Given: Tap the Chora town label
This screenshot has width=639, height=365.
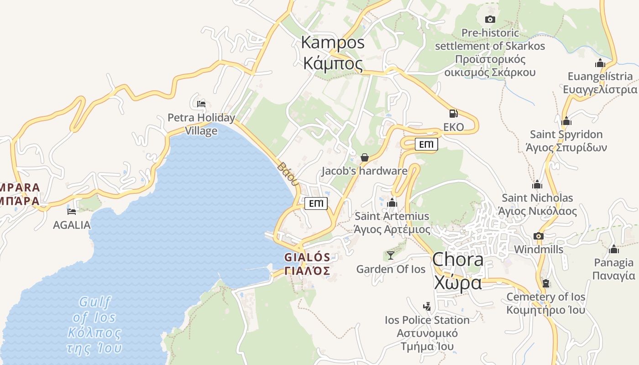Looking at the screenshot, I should pos(457,271).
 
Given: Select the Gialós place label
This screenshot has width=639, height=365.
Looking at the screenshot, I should pos(307,264).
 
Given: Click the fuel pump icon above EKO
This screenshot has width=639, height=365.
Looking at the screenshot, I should pos(453,114).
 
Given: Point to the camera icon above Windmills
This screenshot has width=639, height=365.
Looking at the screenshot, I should pos(539,236).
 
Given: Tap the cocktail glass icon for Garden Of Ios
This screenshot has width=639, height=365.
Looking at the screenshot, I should pos(391,255).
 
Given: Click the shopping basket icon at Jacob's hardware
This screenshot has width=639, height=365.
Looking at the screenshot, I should pos(365,157).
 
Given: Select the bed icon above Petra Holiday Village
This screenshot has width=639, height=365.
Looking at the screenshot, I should pos(201,104).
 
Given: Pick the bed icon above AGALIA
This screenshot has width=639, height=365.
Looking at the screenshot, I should pos(72,211).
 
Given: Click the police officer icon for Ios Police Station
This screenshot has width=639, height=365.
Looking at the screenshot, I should pos(427,306).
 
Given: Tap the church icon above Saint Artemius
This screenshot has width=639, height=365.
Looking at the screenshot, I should pos(392,203).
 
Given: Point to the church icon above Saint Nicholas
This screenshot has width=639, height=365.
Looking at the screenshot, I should pos(537,184).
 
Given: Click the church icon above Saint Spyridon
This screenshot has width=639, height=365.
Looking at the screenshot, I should pos(566,121).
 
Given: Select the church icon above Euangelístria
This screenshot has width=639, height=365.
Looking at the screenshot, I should pos(600,63).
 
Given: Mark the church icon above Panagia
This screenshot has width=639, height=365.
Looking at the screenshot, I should pos(614,249).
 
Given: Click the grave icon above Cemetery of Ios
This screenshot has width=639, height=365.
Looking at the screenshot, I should pos(546,283).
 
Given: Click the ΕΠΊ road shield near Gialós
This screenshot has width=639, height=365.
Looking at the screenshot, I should pos(316,203).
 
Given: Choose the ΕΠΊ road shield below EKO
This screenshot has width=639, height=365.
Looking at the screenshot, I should pos(426,145).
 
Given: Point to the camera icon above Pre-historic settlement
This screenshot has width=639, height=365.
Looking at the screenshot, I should pos(490,19).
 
